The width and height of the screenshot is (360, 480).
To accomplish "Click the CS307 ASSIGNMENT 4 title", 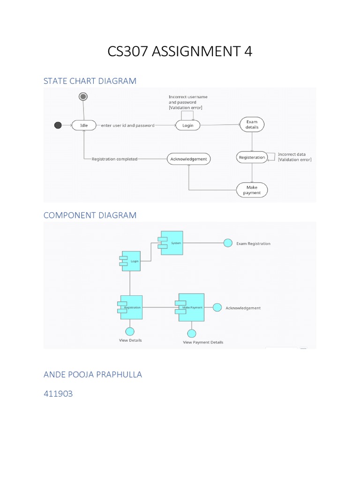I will (x=180, y=52).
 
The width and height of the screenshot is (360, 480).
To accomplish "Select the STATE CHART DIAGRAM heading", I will (x=90, y=81).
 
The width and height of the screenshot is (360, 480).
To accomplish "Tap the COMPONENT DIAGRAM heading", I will (x=90, y=215).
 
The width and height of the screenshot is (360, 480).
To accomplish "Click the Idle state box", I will (x=84, y=125).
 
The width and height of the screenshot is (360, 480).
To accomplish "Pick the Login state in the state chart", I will (x=187, y=125).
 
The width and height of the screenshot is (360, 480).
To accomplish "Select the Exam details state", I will (x=252, y=124).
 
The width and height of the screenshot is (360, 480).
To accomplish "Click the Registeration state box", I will (x=252, y=157).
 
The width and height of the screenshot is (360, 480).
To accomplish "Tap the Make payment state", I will (x=252, y=190).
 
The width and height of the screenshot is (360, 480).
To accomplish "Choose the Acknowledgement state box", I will (x=188, y=159).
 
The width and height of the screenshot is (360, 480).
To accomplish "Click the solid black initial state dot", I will (x=58, y=125).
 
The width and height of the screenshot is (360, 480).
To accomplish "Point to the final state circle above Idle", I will (x=83, y=97).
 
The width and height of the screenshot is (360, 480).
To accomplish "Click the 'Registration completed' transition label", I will (x=114, y=159).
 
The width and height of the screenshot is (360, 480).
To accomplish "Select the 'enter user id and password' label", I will (x=127, y=126).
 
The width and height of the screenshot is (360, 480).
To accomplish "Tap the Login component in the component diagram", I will (x=130, y=261).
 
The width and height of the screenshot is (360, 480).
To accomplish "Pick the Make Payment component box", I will (x=190, y=307).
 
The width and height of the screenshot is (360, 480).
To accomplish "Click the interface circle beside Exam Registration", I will (x=228, y=243).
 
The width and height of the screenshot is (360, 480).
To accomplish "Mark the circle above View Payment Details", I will (x=191, y=333).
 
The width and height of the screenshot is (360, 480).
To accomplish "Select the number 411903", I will (x=58, y=394).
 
